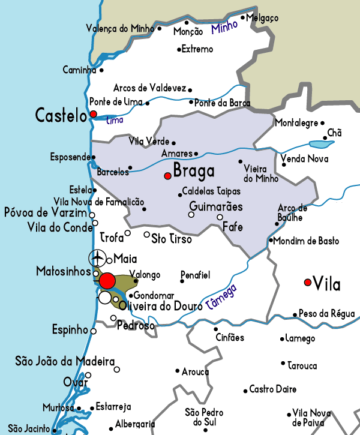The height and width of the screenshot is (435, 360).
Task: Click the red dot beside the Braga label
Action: (168, 175)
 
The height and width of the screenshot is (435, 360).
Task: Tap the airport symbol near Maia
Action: (97, 259)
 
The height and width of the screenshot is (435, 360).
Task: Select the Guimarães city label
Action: (215, 206)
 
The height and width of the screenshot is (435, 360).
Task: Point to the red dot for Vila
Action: (308, 282)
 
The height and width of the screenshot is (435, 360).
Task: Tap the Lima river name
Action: (114, 120)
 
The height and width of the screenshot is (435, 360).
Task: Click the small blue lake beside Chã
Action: (321, 144)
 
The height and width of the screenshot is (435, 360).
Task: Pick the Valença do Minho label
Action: (121, 28)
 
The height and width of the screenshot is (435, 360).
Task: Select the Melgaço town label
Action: (263, 19)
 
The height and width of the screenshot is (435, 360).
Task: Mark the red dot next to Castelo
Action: (93, 113)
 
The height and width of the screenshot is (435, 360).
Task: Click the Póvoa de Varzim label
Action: (46, 212)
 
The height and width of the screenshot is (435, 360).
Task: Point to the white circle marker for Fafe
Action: (220, 217)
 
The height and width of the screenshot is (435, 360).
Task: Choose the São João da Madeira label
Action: (65, 361)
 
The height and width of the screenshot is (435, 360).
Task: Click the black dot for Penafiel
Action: (182, 280)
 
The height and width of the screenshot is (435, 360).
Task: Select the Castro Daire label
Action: (272, 389)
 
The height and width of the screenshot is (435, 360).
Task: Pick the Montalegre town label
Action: (296, 123)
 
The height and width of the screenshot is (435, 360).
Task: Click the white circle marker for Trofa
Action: (128, 233)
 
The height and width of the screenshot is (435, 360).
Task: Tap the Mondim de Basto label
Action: (307, 241)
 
